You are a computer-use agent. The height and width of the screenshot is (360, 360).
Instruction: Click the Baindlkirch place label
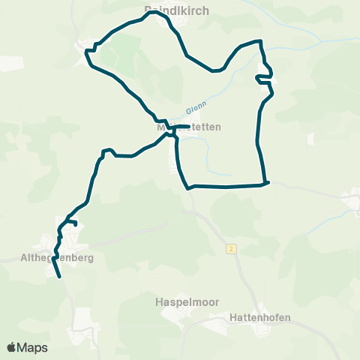(175, 10)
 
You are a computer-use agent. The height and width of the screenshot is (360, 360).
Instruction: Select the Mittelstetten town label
(189, 127)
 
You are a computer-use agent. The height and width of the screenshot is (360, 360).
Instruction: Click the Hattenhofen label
(258, 318)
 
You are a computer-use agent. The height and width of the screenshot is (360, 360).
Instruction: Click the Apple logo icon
(11, 347)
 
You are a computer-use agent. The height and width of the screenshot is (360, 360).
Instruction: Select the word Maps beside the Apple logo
(32, 347)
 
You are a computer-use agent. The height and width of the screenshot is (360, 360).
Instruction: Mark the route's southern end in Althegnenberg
(58, 277)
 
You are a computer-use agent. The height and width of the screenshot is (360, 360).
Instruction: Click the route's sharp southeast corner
(268, 181)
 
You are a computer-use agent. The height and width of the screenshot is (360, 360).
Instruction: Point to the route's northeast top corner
(259, 41)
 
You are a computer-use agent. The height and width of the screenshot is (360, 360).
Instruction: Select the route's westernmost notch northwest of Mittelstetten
(86, 51)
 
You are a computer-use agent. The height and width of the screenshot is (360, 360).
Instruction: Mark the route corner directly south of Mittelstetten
(187, 187)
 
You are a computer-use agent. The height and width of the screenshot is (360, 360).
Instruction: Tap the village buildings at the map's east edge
(351, 201)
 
